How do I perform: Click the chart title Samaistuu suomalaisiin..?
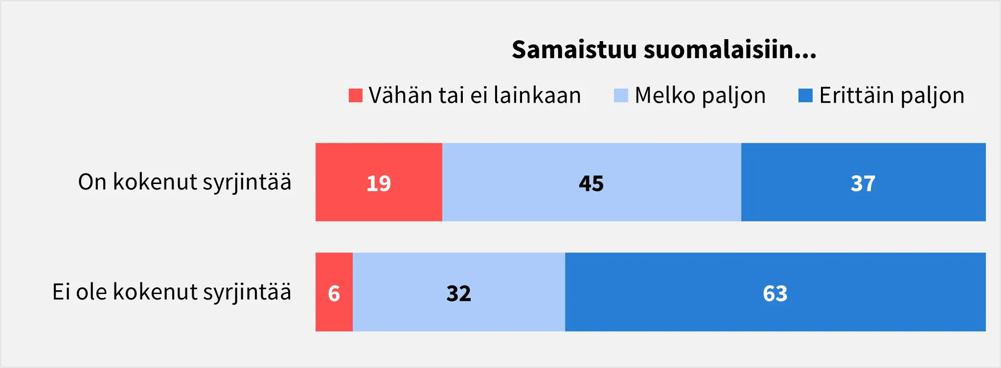664,49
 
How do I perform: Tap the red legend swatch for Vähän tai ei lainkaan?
356,95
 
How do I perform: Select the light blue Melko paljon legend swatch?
621,95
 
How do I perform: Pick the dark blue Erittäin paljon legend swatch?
805,95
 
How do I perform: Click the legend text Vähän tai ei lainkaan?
475,95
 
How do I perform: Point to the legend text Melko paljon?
700,96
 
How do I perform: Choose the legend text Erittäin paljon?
892,96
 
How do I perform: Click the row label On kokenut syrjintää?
184,182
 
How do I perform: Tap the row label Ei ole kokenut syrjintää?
172,292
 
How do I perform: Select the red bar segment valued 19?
379,182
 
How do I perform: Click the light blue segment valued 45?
591,182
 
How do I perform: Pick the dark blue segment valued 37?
864,182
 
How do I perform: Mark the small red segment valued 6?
334,292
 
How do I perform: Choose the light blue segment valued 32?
459,292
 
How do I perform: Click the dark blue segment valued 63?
775,292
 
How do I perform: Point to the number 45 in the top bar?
591,184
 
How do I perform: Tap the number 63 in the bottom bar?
775,294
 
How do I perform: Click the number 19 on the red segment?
379,184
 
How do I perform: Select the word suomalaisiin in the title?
730,49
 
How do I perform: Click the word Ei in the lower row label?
61,292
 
